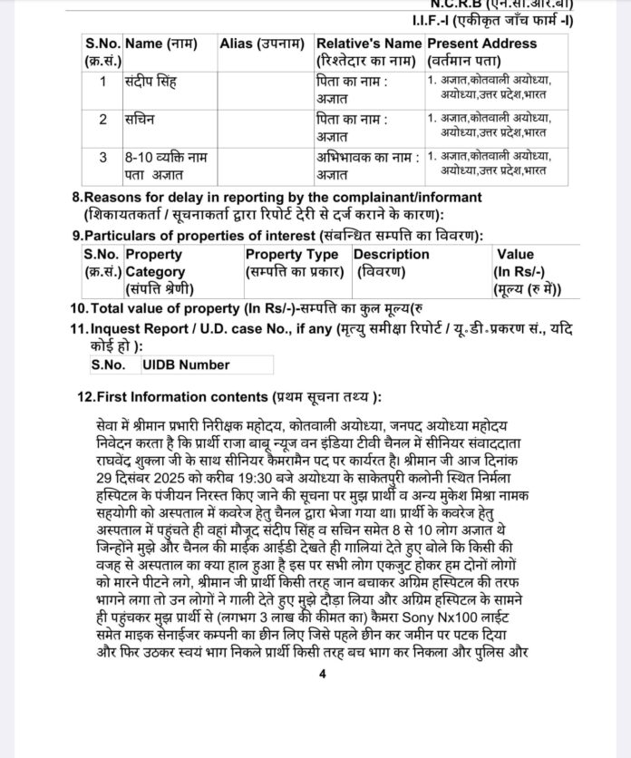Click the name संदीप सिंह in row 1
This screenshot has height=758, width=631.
click(x=150, y=83)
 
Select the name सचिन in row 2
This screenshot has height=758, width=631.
click(x=140, y=120)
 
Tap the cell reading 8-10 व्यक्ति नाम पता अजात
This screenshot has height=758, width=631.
click(x=166, y=165)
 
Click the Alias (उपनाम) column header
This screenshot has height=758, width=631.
click(x=262, y=44)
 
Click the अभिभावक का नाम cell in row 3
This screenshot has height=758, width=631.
click(x=368, y=165)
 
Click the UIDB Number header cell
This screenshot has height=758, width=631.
click(x=186, y=365)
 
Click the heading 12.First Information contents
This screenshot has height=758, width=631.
click(x=229, y=397)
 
